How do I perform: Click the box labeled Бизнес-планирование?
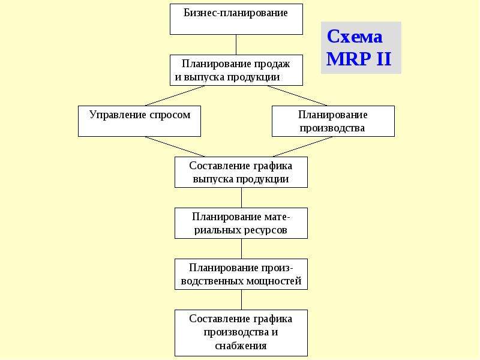(x=236, y=19)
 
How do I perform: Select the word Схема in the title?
(x=355, y=37)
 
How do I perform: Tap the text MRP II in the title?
(x=359, y=58)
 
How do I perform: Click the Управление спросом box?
(x=140, y=121)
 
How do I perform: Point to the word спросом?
(x=170, y=115)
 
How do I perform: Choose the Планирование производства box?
(x=333, y=121)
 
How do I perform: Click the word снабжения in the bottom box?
(x=241, y=346)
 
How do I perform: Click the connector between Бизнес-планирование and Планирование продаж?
(x=236, y=44)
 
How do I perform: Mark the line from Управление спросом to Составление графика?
(x=175, y=146)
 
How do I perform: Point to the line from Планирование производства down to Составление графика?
(x=302, y=146)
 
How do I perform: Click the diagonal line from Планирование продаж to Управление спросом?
(x=175, y=95)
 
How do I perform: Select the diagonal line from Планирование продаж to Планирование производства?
(x=298, y=95)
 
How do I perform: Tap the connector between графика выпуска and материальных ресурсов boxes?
(x=242, y=198)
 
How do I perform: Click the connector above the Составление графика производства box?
(x=242, y=299)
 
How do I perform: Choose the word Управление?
(x=118, y=115)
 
